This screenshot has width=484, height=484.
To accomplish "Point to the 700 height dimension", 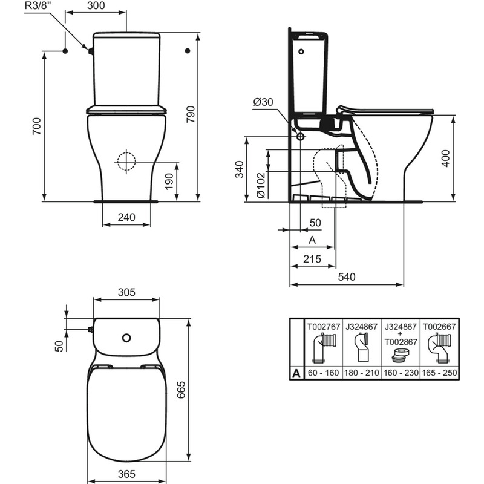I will point(37,126).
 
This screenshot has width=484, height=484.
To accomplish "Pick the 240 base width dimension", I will point(126,216).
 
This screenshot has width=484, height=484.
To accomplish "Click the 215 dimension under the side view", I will point(312,258).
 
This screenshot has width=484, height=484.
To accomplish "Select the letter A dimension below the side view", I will point(312,240).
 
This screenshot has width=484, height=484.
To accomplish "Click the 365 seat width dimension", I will point(126,473).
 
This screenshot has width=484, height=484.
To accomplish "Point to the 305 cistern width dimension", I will point(126,292).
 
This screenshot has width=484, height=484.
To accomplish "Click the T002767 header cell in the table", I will point(323,327).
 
